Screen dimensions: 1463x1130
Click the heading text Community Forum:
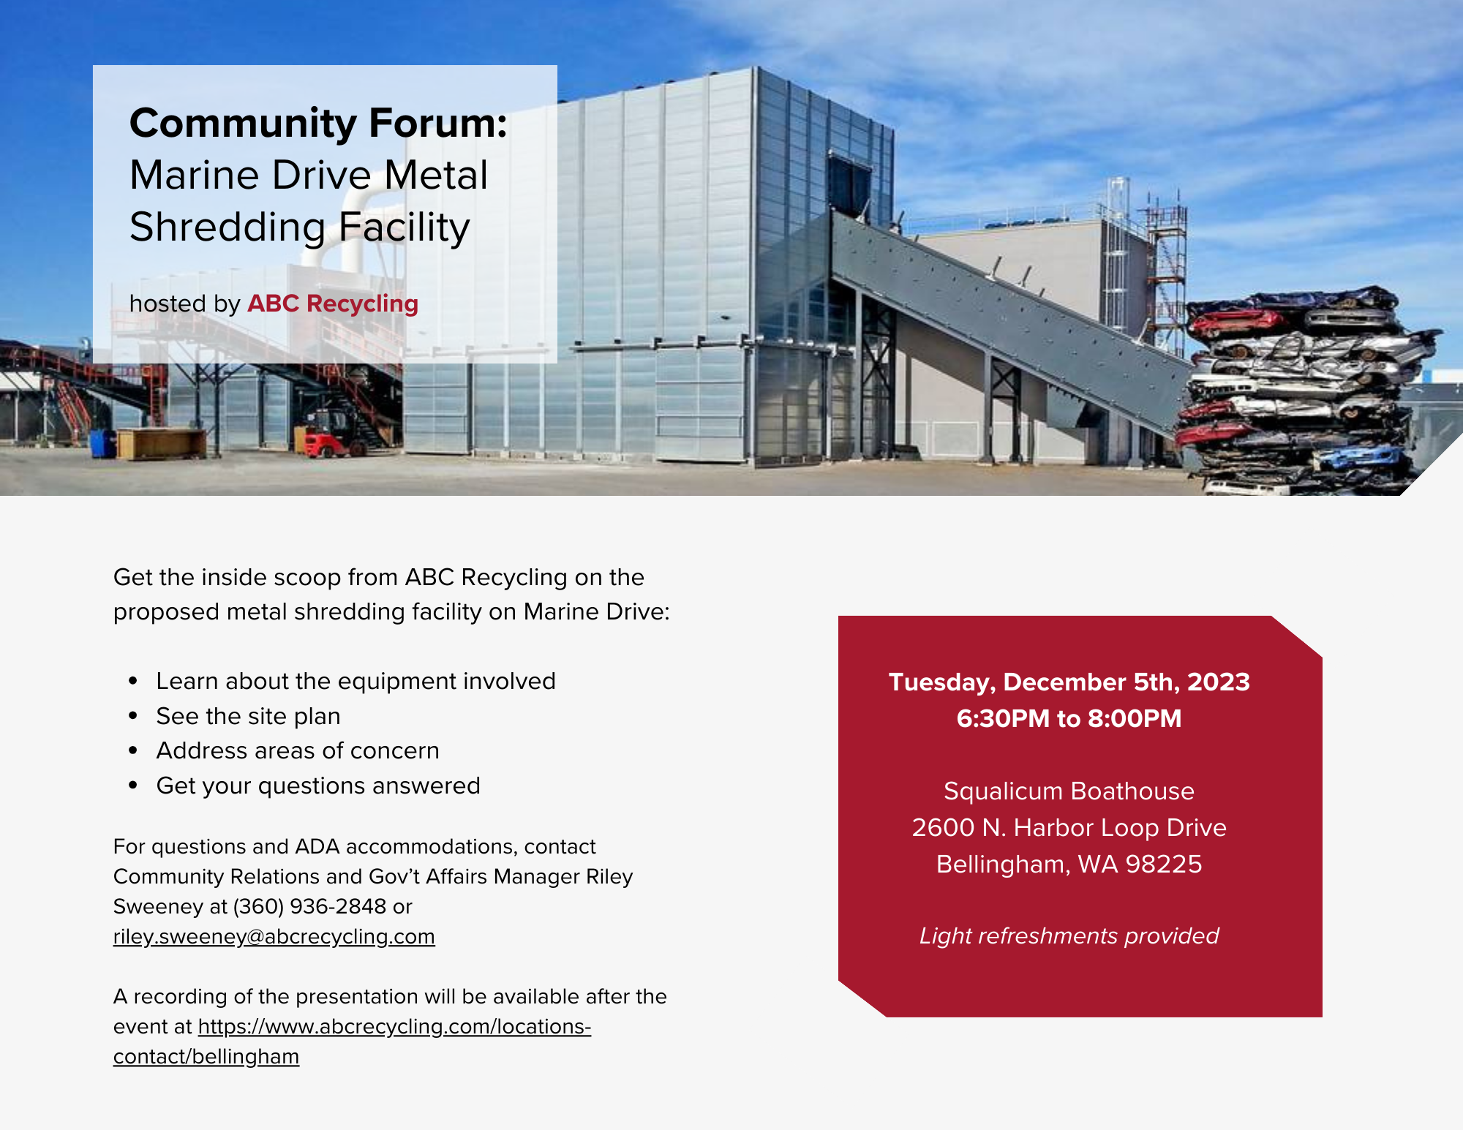[x=318, y=123]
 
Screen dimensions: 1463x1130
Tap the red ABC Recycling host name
[x=333, y=304]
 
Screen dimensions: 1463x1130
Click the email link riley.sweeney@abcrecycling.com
[x=274, y=937]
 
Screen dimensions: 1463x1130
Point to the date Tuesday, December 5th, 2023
[x=1069, y=682]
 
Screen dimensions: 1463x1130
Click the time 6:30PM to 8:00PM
[x=1069, y=718]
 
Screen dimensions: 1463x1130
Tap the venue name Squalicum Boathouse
[x=1069, y=791]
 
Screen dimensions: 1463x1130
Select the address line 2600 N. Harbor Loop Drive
[x=1069, y=828]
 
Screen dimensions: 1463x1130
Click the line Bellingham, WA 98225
[x=1069, y=865]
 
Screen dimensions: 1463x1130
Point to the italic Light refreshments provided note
[x=1069, y=936]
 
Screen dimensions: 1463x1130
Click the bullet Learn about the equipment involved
[x=356, y=682]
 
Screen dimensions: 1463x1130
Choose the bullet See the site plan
[x=249, y=717]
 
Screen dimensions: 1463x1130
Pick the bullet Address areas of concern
[x=298, y=751]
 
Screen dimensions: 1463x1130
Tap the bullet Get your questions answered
[x=318, y=786]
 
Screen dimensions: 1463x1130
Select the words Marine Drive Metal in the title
[x=309, y=176]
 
